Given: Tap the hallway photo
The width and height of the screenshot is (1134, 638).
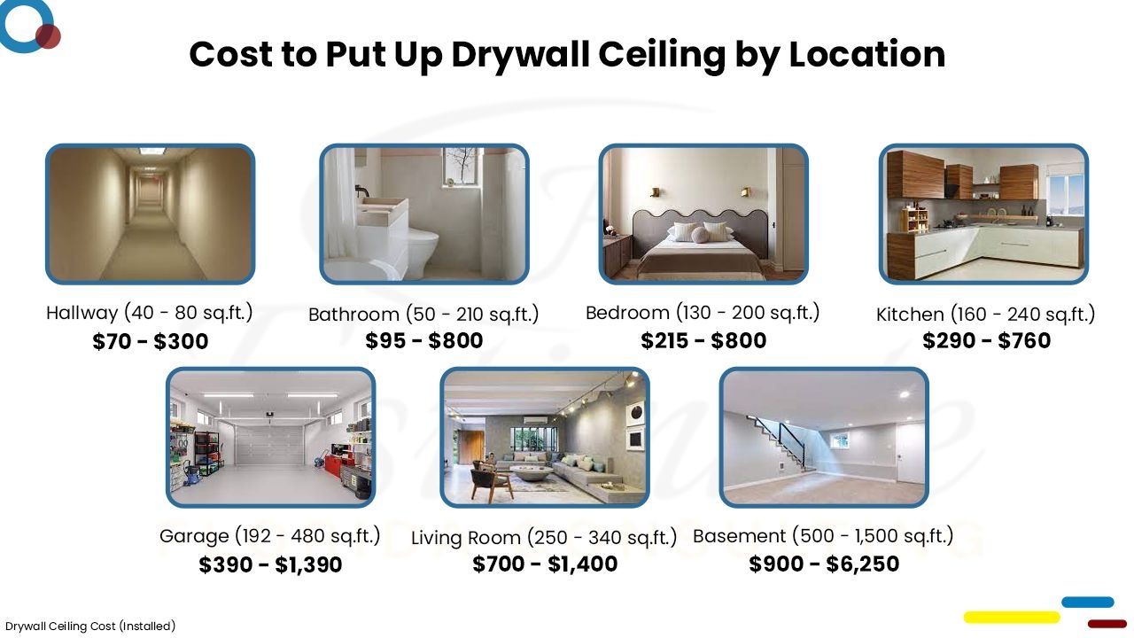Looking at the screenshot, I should pos(150,214).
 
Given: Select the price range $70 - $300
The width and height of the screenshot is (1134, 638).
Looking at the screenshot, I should pos(150,341).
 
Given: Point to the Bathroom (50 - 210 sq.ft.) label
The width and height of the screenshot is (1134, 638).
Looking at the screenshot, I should pos(423,315).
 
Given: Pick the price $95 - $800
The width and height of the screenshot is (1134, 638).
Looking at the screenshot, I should pos(423,341).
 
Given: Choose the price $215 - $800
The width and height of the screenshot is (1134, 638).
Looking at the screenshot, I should pos(703,341).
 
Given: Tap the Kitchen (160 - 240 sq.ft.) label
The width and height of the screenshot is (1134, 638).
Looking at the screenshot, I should pos(985,315).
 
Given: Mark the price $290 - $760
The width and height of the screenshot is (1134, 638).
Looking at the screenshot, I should pos(986,341).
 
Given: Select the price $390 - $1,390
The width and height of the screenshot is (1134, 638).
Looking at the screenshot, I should pos(270,564).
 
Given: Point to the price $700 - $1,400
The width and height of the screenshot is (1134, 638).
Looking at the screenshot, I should pos(545,564).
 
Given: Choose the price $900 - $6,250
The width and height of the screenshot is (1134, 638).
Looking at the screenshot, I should pos(824,564).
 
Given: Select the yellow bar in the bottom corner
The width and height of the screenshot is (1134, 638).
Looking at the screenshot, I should pos(1011,617).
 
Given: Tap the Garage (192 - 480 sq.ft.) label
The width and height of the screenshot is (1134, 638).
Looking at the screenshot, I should pos(269,536).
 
